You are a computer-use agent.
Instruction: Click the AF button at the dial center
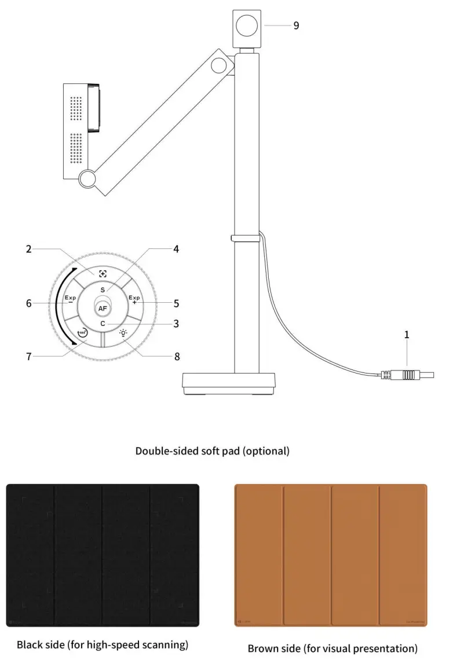103,309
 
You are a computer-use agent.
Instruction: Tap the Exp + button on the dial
134,299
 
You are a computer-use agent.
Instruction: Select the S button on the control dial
103,289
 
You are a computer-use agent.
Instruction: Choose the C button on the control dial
103,324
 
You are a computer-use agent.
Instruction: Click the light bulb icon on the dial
123,333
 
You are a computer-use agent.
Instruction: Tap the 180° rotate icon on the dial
82,333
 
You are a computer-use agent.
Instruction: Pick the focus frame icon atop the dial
103,274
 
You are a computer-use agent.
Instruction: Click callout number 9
296,25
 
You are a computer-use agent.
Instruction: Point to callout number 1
407,335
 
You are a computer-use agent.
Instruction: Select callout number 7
28,356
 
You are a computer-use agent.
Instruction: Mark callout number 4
176,250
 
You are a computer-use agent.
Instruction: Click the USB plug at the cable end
409,375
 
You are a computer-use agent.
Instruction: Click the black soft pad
103,555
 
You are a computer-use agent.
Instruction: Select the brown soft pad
331,555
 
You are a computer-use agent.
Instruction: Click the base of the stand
229,383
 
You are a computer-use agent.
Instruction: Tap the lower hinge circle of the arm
88,179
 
